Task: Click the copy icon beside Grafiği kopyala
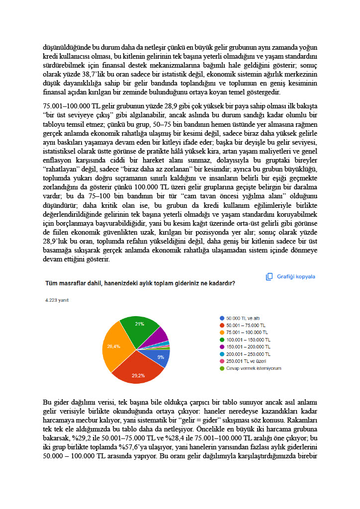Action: tap(270, 277)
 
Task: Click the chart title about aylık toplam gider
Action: tap(140, 283)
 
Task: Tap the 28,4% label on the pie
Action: tap(113, 346)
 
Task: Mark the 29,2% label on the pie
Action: tap(138, 375)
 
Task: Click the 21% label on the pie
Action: tap(139, 324)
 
